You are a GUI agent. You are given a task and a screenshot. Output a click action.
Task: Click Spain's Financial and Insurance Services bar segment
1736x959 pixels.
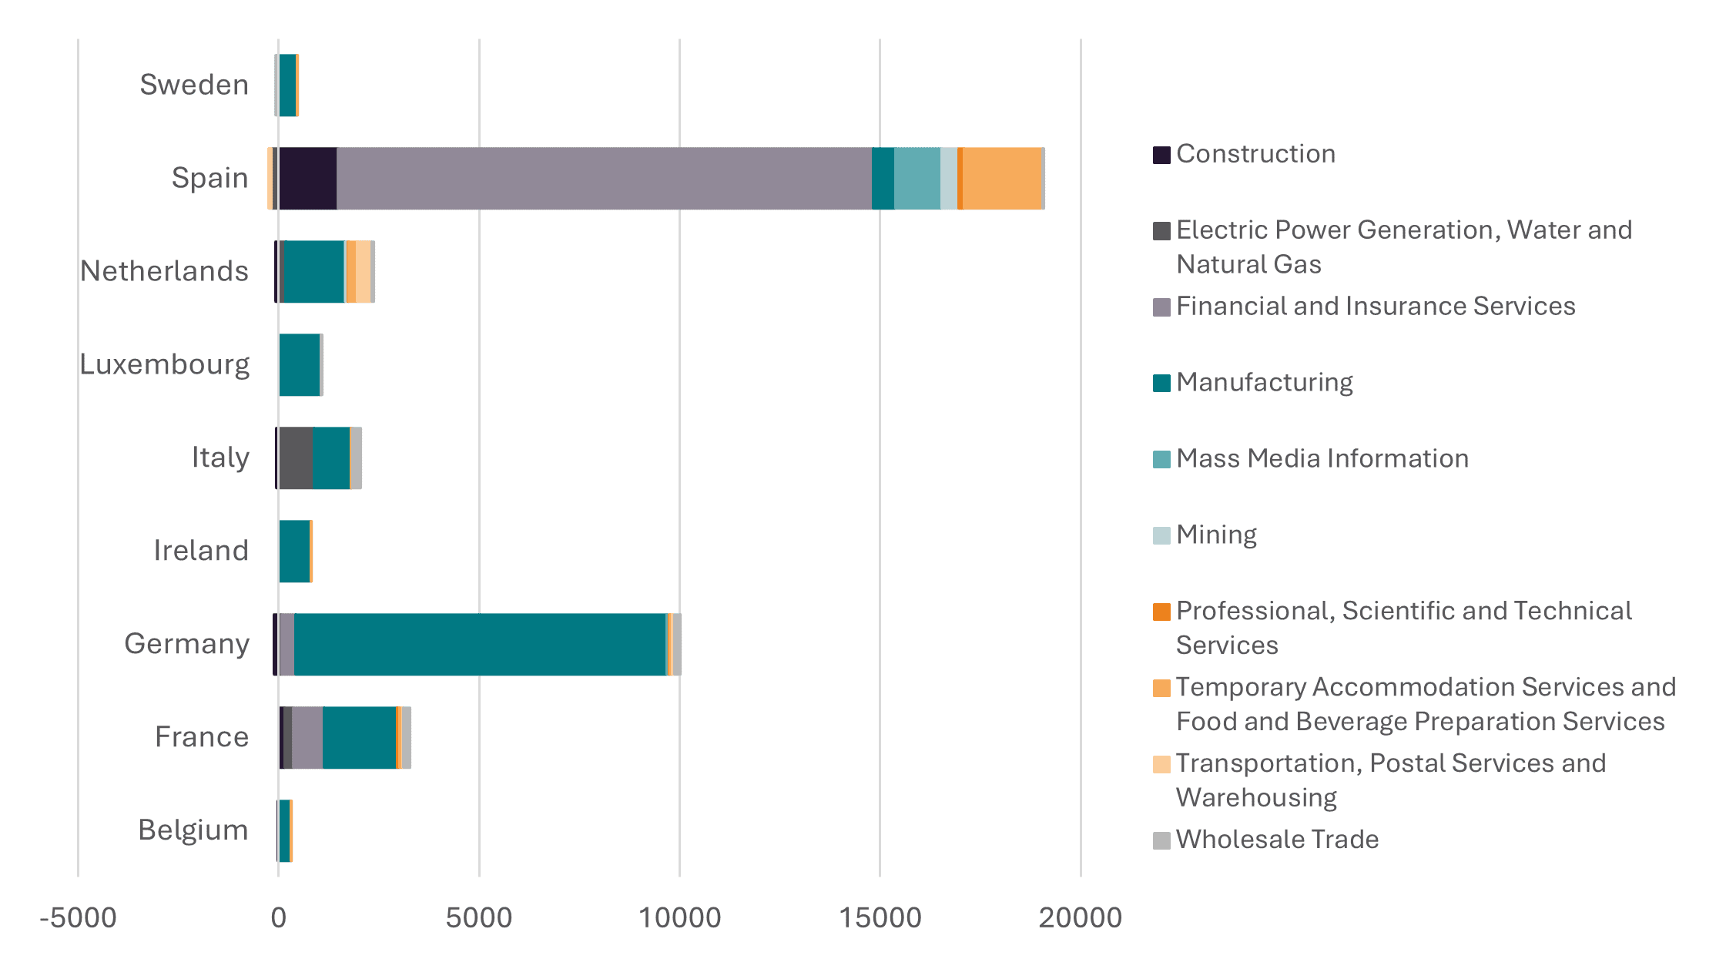(x=604, y=178)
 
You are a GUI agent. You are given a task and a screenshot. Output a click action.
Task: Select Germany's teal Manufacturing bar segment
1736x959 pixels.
(x=480, y=644)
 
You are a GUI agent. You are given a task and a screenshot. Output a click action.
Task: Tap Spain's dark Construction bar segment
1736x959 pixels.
(x=308, y=178)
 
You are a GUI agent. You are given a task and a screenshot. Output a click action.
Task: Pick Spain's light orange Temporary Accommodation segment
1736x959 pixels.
(x=1001, y=178)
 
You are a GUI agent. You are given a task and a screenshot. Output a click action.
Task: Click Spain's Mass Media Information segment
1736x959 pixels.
(x=917, y=178)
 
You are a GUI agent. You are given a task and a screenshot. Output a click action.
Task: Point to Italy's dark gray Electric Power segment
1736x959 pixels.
(x=296, y=458)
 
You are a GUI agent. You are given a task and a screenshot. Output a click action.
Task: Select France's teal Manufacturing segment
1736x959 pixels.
(x=359, y=737)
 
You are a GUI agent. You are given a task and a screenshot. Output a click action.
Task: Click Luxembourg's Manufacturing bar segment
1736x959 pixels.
(x=300, y=364)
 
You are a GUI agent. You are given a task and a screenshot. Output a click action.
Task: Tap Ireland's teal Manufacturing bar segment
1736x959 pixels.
(x=294, y=551)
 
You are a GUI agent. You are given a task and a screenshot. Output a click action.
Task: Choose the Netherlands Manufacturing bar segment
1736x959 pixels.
(x=314, y=271)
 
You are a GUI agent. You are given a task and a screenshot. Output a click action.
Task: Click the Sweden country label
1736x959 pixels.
(x=194, y=85)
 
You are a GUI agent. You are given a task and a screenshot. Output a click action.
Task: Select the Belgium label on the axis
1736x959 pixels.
(x=193, y=830)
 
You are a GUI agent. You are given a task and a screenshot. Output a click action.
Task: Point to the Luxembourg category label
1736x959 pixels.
(x=165, y=364)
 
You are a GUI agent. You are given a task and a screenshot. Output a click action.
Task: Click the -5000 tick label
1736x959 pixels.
(x=78, y=917)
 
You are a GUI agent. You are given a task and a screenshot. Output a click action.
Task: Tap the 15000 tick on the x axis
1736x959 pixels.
(x=880, y=917)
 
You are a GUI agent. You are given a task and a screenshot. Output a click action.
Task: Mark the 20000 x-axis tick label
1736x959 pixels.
(x=1080, y=917)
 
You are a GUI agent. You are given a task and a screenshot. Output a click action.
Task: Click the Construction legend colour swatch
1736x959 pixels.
(x=1161, y=154)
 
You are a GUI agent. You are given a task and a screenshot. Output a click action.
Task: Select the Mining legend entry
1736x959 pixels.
(x=1216, y=535)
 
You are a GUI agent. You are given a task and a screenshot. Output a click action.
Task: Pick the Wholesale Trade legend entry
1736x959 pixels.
(x=1277, y=839)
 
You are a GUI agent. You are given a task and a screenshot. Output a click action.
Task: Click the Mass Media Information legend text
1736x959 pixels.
(x=1322, y=458)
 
